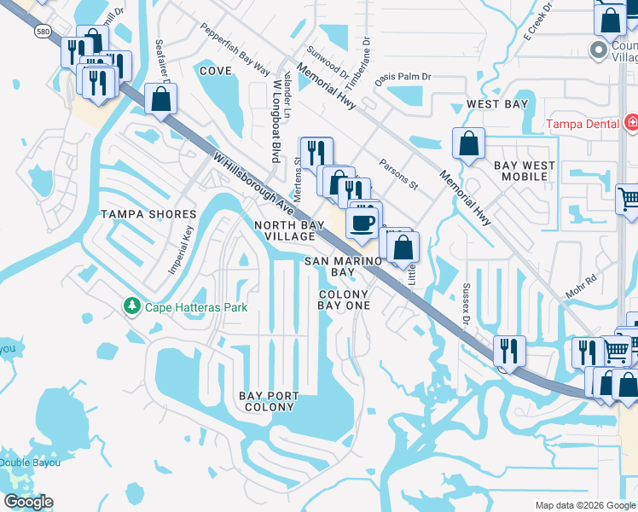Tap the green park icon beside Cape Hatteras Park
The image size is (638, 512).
click(x=131, y=305)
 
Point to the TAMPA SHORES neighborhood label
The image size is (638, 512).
click(x=142, y=213)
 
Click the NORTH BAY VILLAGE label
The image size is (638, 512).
click(x=285, y=230)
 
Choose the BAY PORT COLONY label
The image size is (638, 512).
click(x=268, y=402)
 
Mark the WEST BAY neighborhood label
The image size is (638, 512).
click(x=497, y=104)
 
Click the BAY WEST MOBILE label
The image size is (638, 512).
click(x=524, y=171)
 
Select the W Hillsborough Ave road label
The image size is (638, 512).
click(x=254, y=184)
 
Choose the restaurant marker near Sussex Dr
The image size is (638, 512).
click(x=509, y=350)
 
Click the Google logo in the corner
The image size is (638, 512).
click(x=28, y=502)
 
